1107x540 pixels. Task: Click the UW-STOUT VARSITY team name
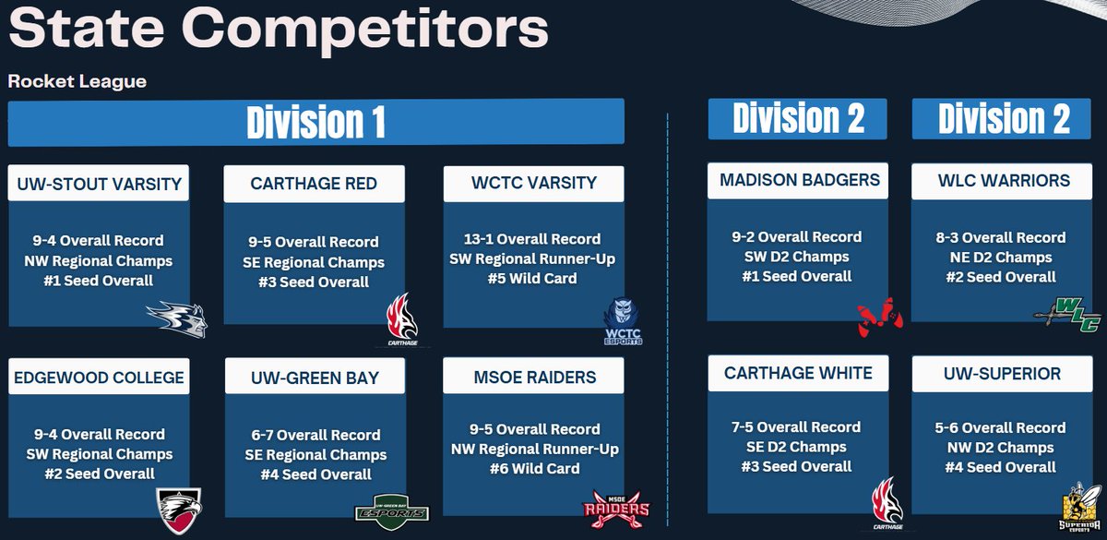99,184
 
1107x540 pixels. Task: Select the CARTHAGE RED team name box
314,184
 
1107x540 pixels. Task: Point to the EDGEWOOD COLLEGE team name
99,378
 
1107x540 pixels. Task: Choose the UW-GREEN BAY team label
314,378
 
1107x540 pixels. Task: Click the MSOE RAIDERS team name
533,378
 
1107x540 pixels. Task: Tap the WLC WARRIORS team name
1004,180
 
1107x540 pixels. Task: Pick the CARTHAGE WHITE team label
798,374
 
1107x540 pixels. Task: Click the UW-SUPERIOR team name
1004,374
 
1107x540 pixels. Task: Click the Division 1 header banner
315,123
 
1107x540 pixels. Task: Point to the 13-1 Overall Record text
533,238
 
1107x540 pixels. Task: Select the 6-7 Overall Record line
316,435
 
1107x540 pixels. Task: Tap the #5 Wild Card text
533,278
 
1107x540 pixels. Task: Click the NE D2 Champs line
1004,258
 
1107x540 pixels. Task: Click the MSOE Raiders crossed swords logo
616,507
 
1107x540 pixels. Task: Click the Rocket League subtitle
77,81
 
